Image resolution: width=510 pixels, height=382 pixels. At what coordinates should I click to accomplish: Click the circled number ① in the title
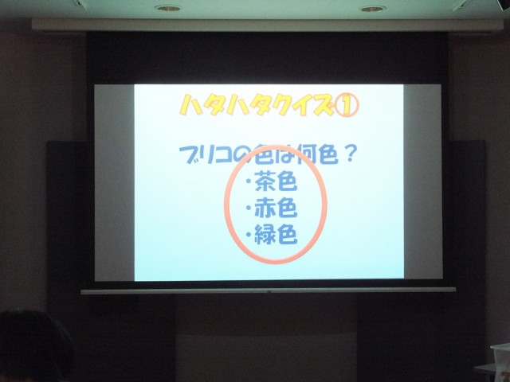[346, 106]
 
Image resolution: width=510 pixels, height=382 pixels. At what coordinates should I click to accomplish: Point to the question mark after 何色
[347, 154]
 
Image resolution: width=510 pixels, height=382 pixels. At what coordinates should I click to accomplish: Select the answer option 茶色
[276, 181]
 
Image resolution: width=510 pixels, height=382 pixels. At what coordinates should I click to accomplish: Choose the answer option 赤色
[276, 208]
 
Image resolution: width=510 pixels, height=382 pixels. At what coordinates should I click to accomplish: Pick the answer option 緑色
[276, 234]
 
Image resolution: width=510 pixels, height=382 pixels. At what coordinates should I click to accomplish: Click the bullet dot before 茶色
[249, 182]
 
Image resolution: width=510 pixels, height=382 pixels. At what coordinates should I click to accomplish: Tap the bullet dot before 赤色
[249, 209]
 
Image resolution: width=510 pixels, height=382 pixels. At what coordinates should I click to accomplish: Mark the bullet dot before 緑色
[249, 235]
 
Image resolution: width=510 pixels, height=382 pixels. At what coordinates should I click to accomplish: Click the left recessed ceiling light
[167, 7]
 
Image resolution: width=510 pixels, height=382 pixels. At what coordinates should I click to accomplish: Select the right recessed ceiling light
[373, 9]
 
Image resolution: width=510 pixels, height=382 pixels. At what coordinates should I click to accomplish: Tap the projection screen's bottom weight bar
[269, 290]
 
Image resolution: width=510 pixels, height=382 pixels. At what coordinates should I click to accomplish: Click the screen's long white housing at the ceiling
[268, 25]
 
